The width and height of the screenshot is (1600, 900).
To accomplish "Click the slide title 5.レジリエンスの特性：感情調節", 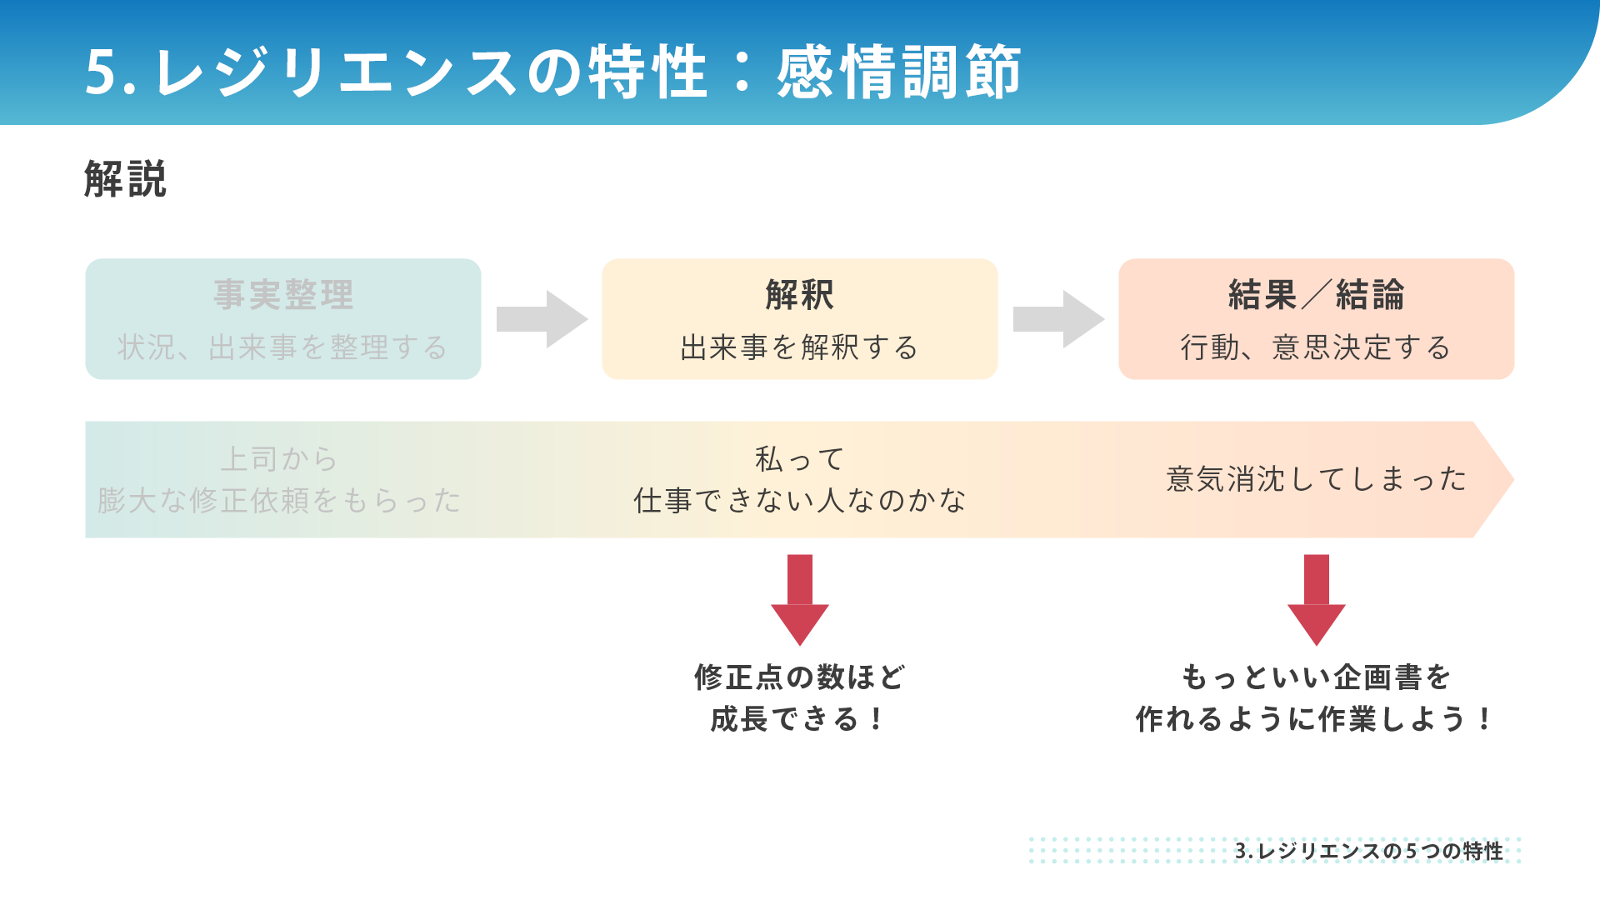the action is [552, 72].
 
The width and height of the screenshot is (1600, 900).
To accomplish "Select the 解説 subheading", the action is [125, 179].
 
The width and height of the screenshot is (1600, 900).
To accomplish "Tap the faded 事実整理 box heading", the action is [283, 295].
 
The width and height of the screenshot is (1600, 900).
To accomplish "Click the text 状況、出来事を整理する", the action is [282, 347].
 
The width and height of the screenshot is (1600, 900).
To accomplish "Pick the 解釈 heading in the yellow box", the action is [800, 295].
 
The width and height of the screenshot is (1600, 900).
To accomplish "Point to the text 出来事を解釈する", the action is [799, 347].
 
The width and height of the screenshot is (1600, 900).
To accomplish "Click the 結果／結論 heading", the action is [1317, 295].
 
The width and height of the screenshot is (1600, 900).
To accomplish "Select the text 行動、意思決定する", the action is [1316, 347].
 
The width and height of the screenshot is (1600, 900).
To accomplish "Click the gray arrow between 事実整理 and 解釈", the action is [542, 319].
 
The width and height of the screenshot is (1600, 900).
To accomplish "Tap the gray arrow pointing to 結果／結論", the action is [1059, 319].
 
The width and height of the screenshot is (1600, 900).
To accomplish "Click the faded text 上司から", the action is [278, 459].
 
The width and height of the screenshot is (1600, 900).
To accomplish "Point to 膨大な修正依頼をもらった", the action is [279, 501].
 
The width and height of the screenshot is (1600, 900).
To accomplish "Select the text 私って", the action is [800, 459].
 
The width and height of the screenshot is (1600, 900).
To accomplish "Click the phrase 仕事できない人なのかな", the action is [800, 501].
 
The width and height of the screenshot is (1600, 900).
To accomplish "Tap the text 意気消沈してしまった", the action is [1317, 479].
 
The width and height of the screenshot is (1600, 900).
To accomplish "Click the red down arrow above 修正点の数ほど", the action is [800, 600].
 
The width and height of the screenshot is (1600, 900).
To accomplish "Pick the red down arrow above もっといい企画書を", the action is [1317, 600].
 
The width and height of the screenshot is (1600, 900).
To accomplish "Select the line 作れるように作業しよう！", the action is [1315, 719].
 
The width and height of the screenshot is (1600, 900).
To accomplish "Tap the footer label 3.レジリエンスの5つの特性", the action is [1369, 851].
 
